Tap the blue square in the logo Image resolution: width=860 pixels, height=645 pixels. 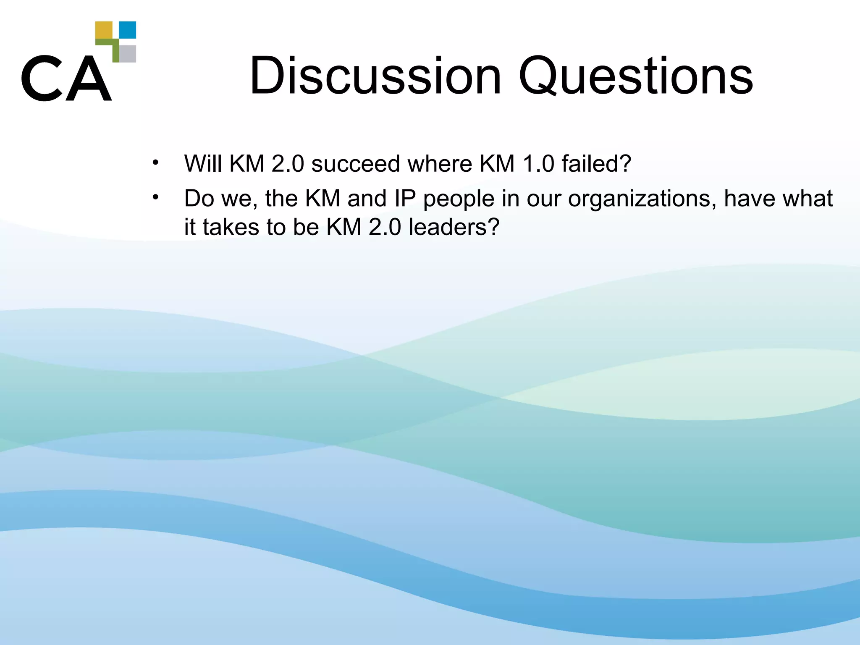[128, 30]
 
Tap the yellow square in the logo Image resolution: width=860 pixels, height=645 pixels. [104, 30]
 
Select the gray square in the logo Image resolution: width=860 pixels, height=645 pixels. [128, 54]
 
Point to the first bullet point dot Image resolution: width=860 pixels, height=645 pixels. [156, 162]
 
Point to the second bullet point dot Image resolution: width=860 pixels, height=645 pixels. [156, 197]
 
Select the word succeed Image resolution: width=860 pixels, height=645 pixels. [356, 163]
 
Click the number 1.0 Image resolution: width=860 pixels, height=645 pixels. [538, 163]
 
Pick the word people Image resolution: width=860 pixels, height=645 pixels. [459, 199]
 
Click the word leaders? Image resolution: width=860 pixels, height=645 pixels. [454, 227]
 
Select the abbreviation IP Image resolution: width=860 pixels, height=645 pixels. [405, 198]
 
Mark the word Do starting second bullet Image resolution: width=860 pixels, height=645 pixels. [199, 198]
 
